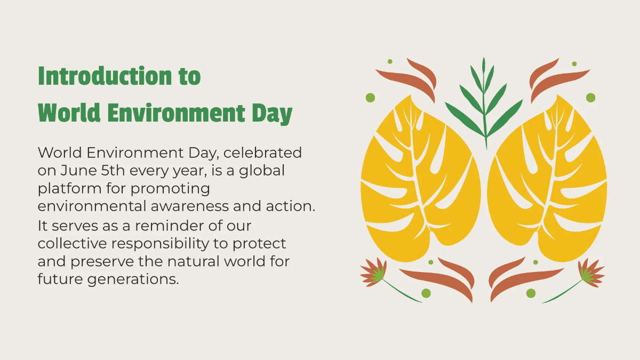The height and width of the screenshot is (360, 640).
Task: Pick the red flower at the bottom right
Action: (x=590, y=272)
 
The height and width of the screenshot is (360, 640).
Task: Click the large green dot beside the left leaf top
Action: (x=370, y=98)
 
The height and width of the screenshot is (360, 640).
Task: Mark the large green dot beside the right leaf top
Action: (x=590, y=98)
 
